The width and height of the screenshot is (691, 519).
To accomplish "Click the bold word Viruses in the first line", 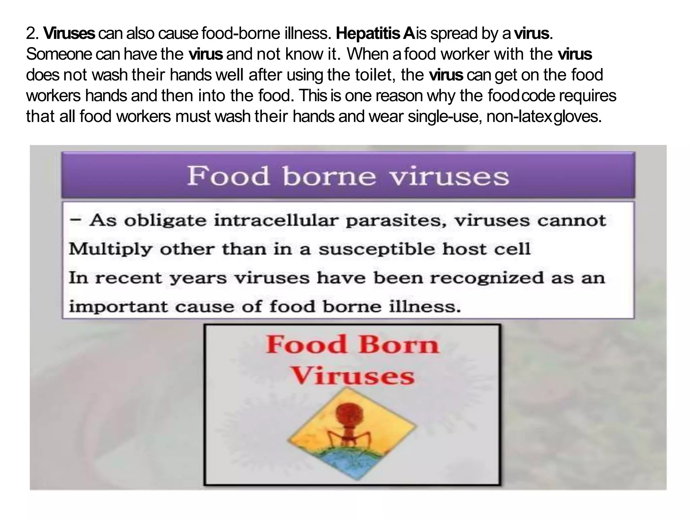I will point(70,33).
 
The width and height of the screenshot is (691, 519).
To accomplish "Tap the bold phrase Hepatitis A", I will point(375,33).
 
